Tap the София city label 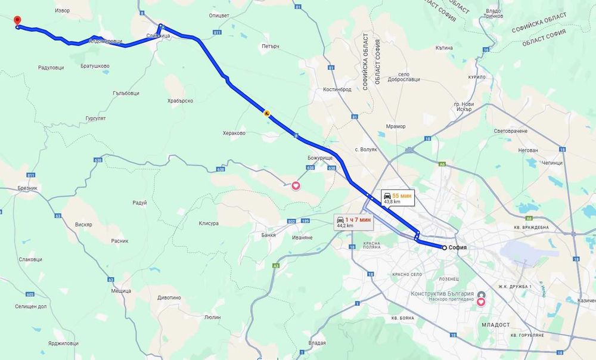pos(458,247)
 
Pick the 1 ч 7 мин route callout pos(353,222)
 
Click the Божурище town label pos(319,157)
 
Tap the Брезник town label pos(28,188)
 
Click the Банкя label pos(269,234)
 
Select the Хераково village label pos(234,134)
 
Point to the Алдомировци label pos(105,41)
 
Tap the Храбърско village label pos(181,101)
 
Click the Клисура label pos(207,224)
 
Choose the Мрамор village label pos(395,126)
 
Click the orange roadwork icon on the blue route pos(266,112)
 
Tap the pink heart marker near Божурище pos(296,185)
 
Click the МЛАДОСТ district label pos(495,324)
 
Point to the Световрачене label pos(511,131)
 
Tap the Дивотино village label pos(169,297)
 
